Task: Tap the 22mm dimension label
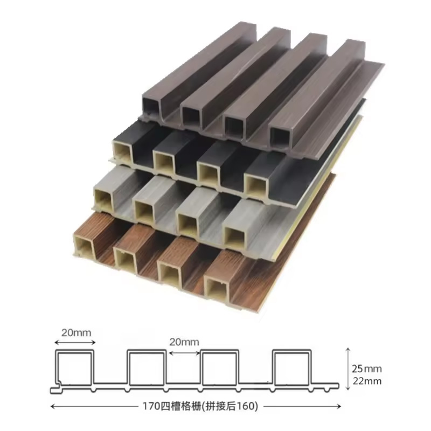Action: (x=370, y=381)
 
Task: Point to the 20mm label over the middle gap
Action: (x=184, y=342)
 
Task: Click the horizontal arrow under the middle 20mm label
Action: (x=184, y=352)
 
